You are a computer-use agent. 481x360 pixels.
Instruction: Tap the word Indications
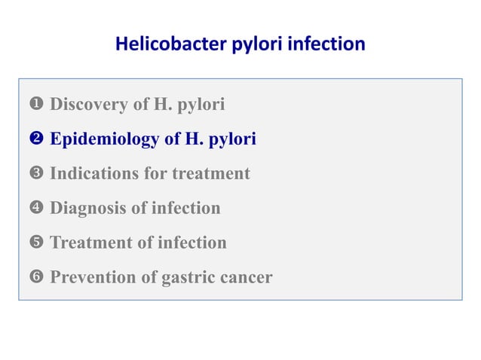pos(92,174)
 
